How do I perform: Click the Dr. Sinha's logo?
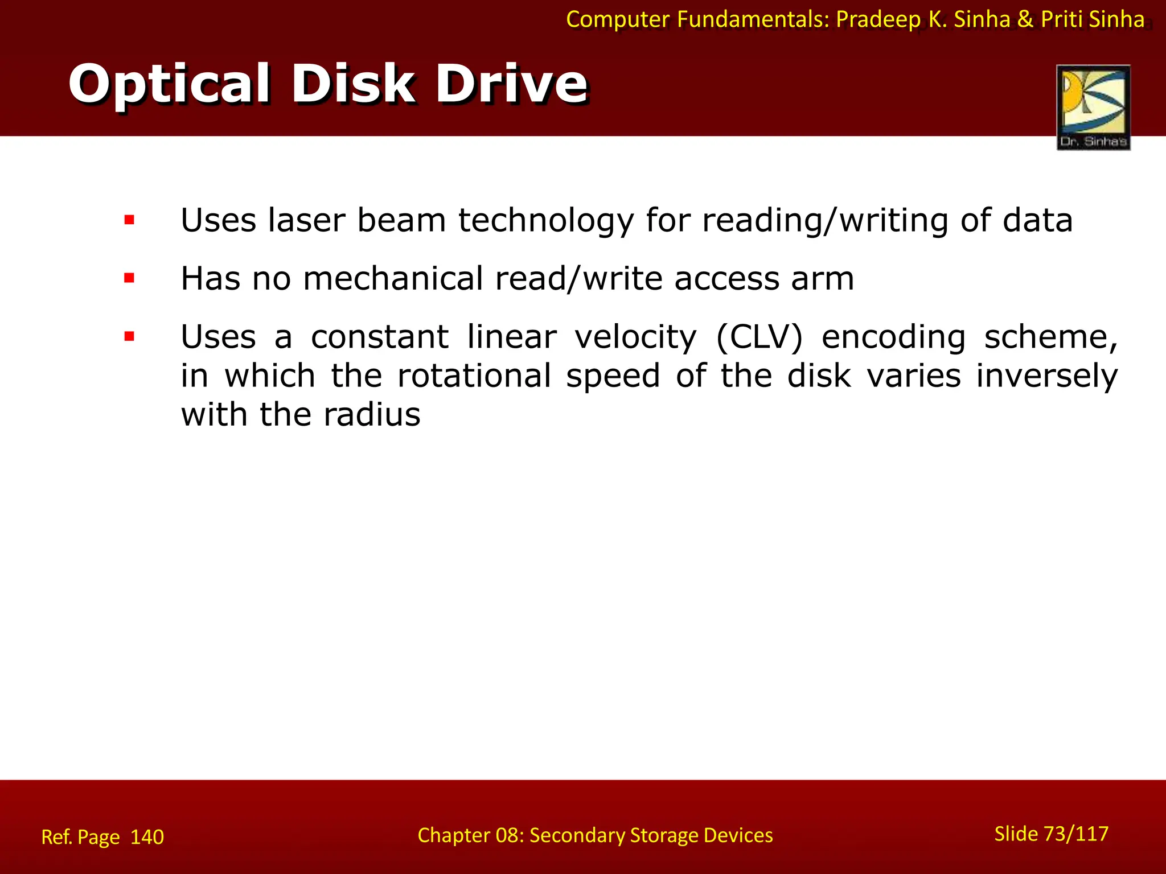1093,108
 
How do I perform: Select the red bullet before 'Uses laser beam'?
129,220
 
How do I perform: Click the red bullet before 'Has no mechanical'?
129,278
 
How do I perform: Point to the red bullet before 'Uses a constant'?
129,337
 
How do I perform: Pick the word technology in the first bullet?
545,222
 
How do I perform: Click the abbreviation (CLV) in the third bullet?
759,337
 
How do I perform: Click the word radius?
372,414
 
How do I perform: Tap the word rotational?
474,376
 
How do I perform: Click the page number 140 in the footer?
147,837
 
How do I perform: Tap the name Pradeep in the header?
878,20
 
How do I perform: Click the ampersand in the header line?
1025,20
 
